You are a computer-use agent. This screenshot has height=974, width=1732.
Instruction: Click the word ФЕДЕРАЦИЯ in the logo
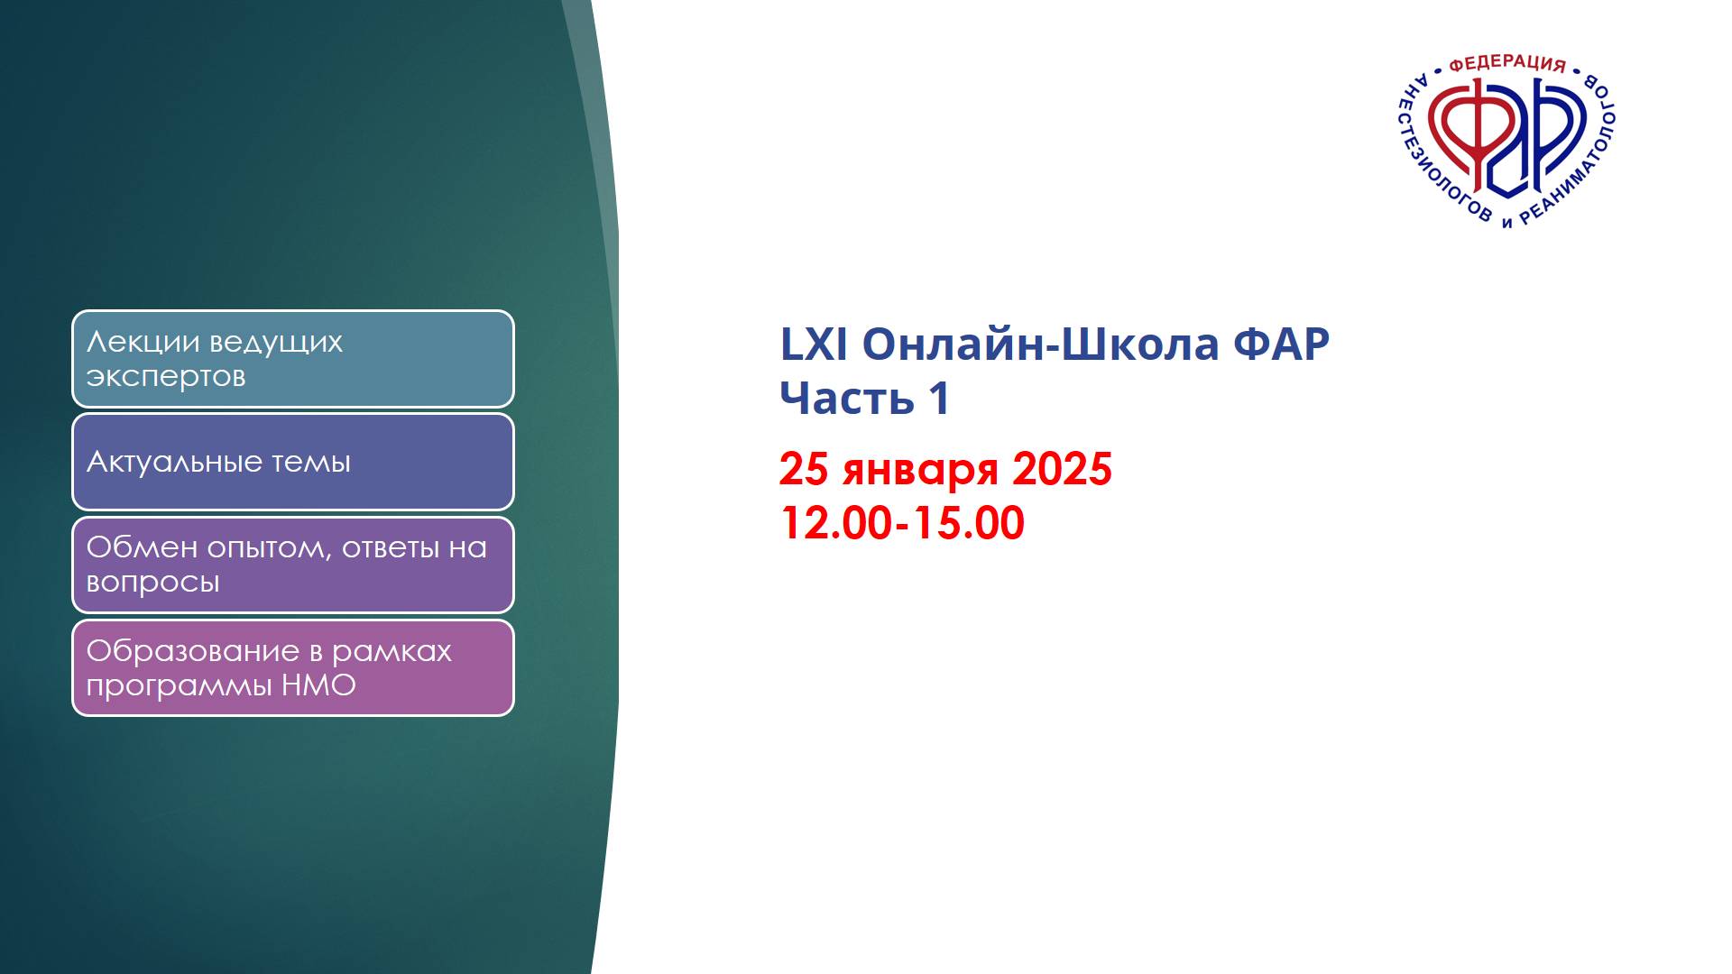coord(1506,63)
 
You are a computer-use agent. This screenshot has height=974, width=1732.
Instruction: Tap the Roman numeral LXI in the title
coord(813,345)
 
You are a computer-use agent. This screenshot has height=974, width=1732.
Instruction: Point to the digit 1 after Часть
coord(939,399)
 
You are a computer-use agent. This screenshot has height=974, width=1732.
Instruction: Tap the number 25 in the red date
coord(803,470)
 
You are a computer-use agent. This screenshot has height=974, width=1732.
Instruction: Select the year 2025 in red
coord(1062,470)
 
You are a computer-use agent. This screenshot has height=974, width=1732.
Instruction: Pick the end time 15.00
coord(970,524)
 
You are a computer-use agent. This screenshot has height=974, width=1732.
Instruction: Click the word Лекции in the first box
coord(143,343)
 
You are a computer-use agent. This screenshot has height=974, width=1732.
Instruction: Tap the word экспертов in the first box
coord(166,377)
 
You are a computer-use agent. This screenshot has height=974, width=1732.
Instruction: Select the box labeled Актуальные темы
coord(292,462)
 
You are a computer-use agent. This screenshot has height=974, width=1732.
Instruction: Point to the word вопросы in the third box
coord(152,583)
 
